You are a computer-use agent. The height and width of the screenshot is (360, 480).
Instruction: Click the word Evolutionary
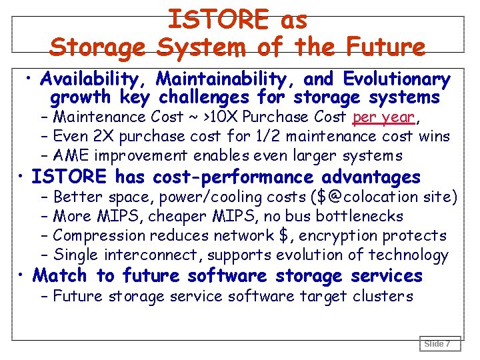395,80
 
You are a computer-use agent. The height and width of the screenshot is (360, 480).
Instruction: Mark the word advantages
371,177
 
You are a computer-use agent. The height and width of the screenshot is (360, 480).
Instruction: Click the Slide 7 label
437,344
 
